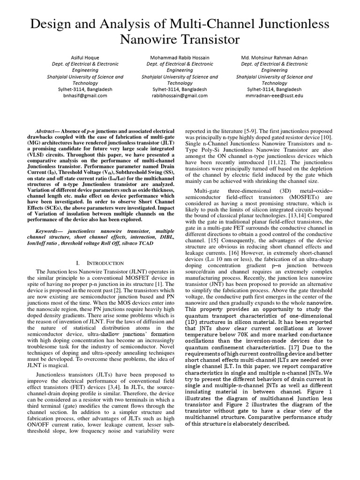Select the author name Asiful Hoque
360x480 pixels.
[84, 58]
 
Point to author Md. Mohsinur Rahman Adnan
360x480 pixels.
[274, 58]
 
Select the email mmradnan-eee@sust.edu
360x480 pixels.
[274, 95]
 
